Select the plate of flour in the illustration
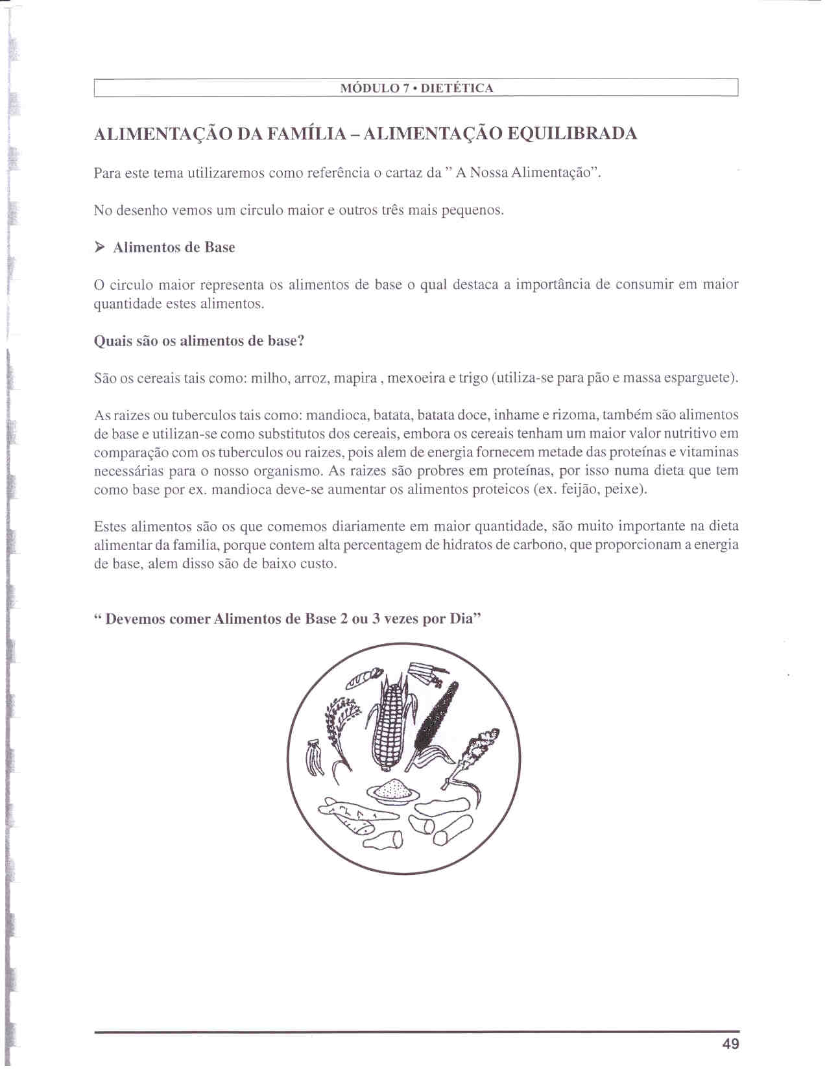click(393, 791)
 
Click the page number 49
click(730, 1043)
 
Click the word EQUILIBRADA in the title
click(571, 134)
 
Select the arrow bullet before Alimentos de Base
click(99, 247)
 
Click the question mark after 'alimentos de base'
click(300, 341)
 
